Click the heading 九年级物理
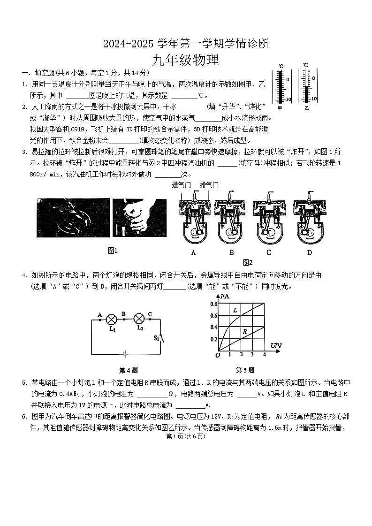pos(186,60)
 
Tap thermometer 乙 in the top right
pos(307,85)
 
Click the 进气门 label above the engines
pos(182,185)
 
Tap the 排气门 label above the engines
pos(209,185)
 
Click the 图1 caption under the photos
pos(113,251)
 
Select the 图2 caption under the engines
pos(248,262)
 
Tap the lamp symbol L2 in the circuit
pos(139,319)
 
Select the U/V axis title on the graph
pos(276,346)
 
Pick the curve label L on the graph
pos(235,311)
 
